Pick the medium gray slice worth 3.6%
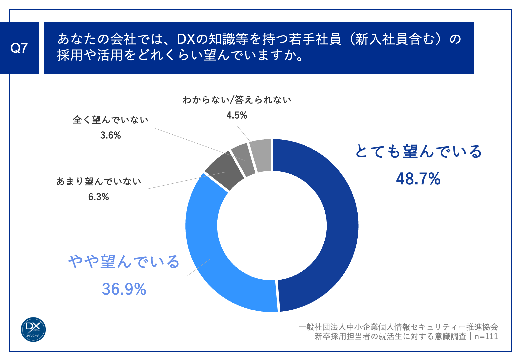click(243, 160)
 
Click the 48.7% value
click(418, 179)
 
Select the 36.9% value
click(124, 289)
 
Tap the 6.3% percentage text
click(99, 197)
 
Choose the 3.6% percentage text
click(110, 135)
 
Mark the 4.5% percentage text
click(237, 115)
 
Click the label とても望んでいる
click(418, 152)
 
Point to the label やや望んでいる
click(124, 262)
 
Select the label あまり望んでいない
click(99, 182)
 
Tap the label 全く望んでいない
click(110, 120)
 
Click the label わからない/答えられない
click(237, 100)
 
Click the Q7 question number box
click(19, 48)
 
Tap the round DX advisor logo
click(33, 329)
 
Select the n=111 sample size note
click(486, 336)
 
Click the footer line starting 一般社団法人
click(398, 327)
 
